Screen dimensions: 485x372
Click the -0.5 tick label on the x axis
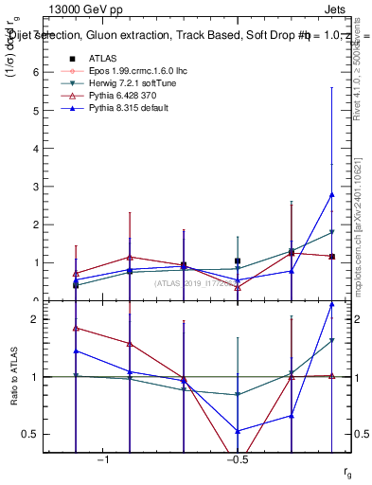237,459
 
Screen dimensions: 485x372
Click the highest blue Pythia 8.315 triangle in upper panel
331,194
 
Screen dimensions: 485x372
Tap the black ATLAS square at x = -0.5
238,260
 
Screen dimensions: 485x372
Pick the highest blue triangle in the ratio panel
331,305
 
